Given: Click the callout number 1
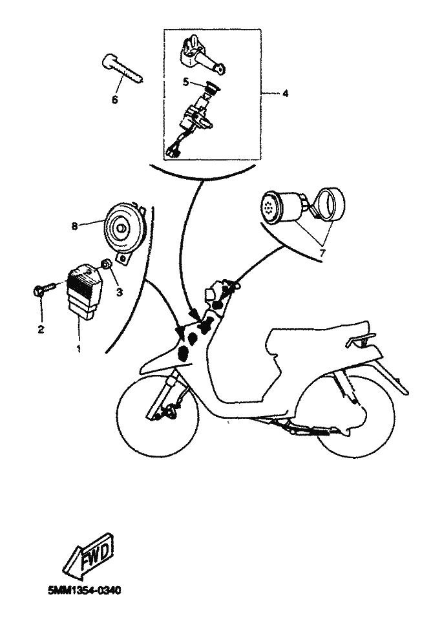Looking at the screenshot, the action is [79, 349].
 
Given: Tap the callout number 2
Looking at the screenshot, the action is [41, 329].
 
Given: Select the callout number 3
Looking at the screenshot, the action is [119, 293].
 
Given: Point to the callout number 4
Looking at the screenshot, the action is [285, 94].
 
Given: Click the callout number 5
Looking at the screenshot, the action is [186, 82].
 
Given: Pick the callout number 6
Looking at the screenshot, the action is [115, 100].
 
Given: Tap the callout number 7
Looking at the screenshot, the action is [321, 252].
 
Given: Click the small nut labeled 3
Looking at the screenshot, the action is [107, 264].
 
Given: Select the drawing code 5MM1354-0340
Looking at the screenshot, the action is [84, 591].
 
